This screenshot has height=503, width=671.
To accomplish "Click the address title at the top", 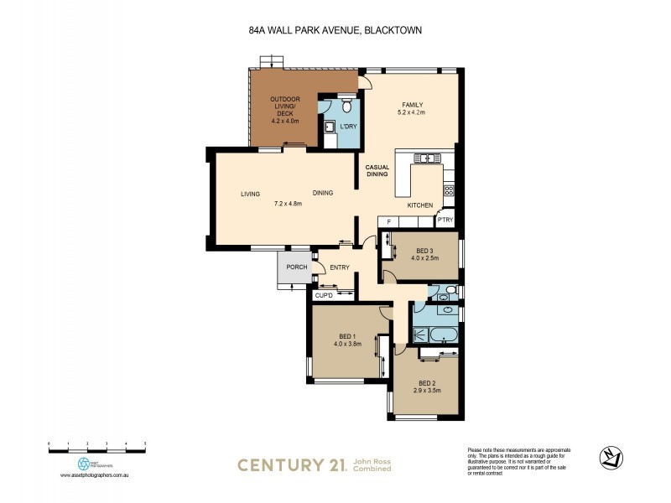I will pyautogui.click(x=335, y=32).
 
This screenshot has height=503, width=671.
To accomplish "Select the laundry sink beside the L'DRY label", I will pyautogui.click(x=330, y=127).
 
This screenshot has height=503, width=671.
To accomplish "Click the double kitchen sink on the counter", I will pyautogui.click(x=425, y=157).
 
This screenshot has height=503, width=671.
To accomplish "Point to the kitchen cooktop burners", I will pyautogui.click(x=449, y=190).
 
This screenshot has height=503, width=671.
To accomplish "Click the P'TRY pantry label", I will pyautogui.click(x=445, y=220).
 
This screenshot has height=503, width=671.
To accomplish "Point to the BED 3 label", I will pyautogui.click(x=426, y=250).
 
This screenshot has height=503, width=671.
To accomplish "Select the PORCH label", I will pyautogui.click(x=296, y=267).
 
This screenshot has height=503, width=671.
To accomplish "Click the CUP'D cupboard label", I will pyautogui.click(x=324, y=296).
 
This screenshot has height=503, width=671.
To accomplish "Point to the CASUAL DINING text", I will pyautogui.click(x=376, y=170).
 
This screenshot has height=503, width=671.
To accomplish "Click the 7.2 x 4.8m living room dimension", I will pyautogui.click(x=288, y=203).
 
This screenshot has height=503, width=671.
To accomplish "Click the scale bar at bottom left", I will pyautogui.click(x=96, y=450).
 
